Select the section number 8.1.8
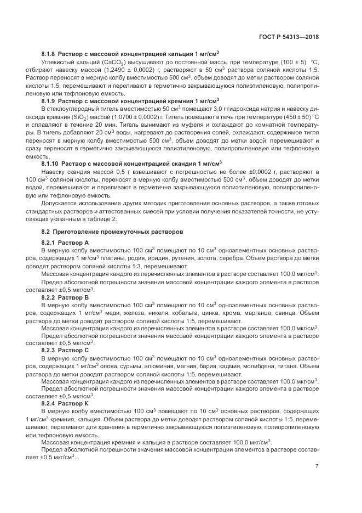tap(49, 54)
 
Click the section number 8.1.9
tap(49, 102)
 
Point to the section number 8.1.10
tap(50, 164)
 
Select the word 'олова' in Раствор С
tap(108, 365)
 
